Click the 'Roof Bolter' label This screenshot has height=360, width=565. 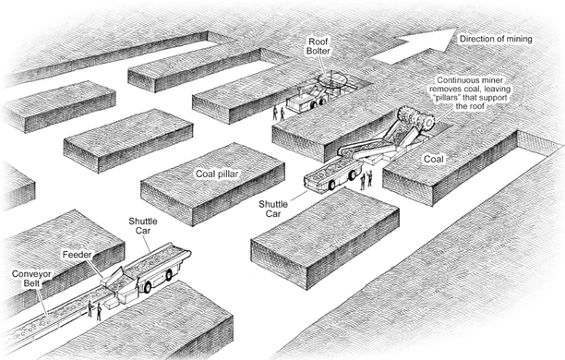click(x=319, y=46)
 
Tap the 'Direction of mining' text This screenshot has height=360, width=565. click(x=496, y=39)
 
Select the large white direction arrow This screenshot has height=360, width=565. click(x=415, y=46)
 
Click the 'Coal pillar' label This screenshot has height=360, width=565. click(x=217, y=174)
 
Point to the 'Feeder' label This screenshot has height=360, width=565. click(x=78, y=255)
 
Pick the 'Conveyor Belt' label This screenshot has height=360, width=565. click(x=31, y=279)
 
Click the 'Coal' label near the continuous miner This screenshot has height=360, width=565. click(x=434, y=159)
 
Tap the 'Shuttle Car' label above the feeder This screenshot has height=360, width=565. click(x=143, y=225)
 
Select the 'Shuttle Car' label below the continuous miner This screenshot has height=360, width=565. click(x=273, y=209)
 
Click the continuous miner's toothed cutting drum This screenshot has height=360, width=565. click(x=416, y=118)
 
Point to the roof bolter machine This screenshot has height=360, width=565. click(x=316, y=94)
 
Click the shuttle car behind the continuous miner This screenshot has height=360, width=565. click(x=332, y=175)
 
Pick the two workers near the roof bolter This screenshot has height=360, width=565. click(x=279, y=114)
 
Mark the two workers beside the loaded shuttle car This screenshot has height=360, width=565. click(x=367, y=180)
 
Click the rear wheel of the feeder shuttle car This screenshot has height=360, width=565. click(x=148, y=287)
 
